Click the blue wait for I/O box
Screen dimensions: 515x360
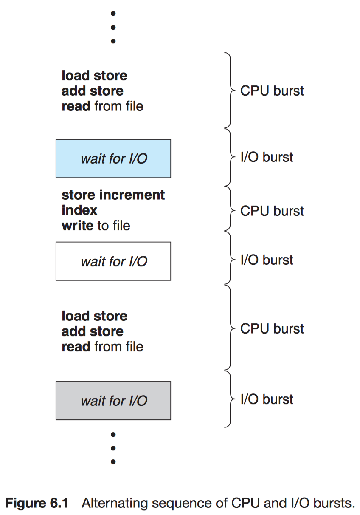click(x=113, y=158)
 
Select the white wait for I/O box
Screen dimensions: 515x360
click(x=113, y=261)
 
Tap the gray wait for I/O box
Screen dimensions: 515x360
click(x=113, y=401)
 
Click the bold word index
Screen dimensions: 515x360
click(x=79, y=210)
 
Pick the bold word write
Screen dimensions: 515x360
click(x=78, y=226)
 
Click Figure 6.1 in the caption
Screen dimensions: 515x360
click(x=37, y=504)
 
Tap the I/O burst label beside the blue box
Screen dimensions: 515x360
click(x=267, y=157)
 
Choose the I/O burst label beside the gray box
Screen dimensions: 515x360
click(x=267, y=399)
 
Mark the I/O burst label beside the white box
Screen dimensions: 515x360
click(x=267, y=260)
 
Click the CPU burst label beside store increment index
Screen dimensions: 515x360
click(x=272, y=211)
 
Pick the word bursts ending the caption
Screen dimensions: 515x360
click(x=334, y=504)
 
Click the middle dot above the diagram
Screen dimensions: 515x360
click(x=113, y=28)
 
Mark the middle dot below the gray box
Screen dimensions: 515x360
click(x=113, y=448)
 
